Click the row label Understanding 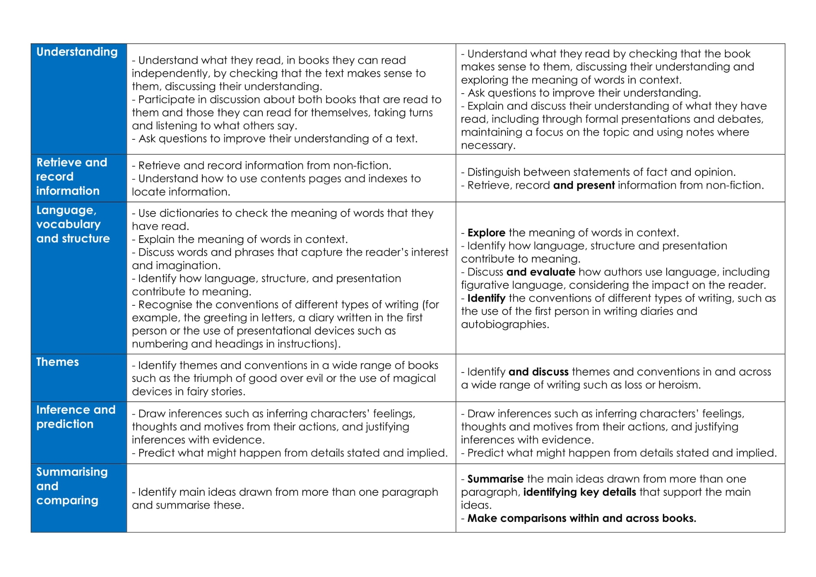coord(77,52)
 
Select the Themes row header coord(58,362)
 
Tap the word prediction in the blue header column coord(65,424)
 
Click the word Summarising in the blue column coord(72,472)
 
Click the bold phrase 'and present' coord(584,185)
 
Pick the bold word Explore coord(486,233)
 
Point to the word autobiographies coord(505,325)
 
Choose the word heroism coord(678,385)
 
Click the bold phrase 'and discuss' coord(539,372)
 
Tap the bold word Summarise coord(495,479)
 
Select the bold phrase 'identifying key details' coord(579,492)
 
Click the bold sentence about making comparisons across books coord(581,518)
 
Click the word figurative coord(486,285)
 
